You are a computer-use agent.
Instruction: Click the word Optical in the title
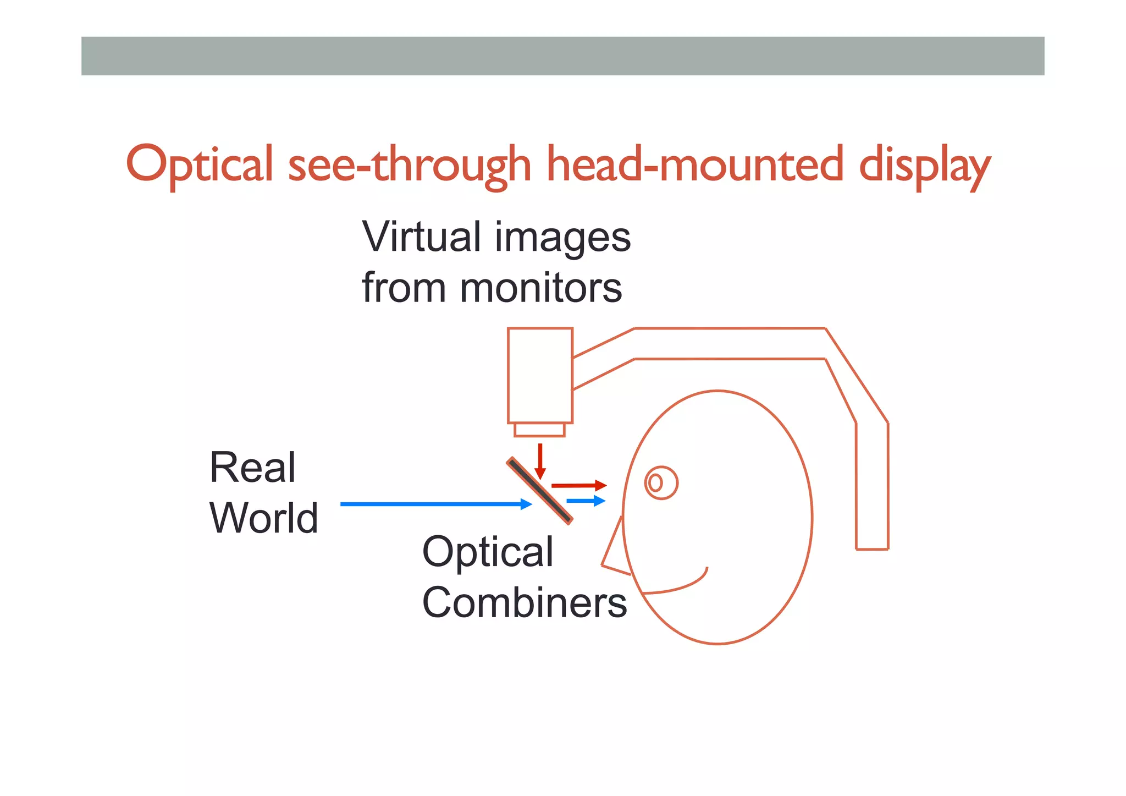tap(200, 164)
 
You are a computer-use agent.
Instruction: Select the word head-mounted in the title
tap(695, 164)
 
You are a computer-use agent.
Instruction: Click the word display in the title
tap(924, 165)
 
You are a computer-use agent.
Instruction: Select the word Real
tap(252, 468)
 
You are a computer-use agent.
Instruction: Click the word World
tap(264, 518)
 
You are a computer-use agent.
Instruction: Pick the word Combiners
tap(525, 602)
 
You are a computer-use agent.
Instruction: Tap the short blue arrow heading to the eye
tap(586, 501)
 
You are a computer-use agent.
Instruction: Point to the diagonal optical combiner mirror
tap(539, 491)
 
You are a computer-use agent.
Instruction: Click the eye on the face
tap(661, 483)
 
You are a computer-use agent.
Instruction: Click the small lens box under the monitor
tap(539, 430)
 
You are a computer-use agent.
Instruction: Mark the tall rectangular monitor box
tap(540, 376)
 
